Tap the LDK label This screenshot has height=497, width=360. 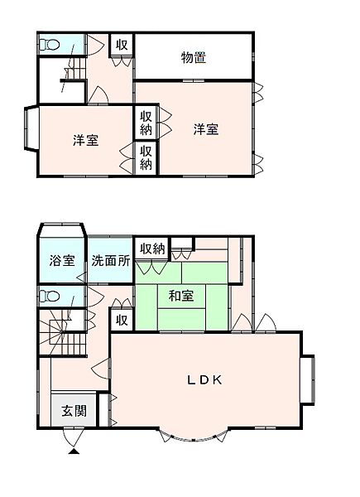tap(203, 380)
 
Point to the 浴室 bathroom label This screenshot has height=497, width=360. tap(61, 260)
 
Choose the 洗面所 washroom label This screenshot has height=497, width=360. tap(110, 260)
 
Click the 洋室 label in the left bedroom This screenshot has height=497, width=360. tap(85, 140)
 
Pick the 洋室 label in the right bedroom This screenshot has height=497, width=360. tap(206, 129)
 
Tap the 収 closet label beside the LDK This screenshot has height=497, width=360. tap(122, 320)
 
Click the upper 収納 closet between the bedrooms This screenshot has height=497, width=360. tap(146, 123)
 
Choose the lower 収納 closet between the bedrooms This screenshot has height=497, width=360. tap(146, 157)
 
